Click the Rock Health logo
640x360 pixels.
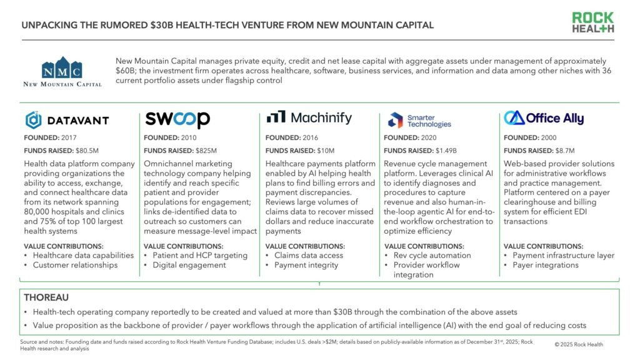coord(593,22)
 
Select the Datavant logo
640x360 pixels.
coord(67,120)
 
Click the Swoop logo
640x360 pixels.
coord(177,119)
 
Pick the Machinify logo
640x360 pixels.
coord(309,117)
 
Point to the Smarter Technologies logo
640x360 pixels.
coord(419,120)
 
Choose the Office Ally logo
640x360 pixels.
coord(544,118)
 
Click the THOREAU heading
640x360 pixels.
coord(46,297)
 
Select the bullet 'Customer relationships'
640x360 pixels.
coord(75,265)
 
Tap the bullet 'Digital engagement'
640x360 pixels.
coord(189,265)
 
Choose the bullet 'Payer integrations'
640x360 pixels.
coord(546,265)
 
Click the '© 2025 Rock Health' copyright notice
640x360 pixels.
coord(579,344)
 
